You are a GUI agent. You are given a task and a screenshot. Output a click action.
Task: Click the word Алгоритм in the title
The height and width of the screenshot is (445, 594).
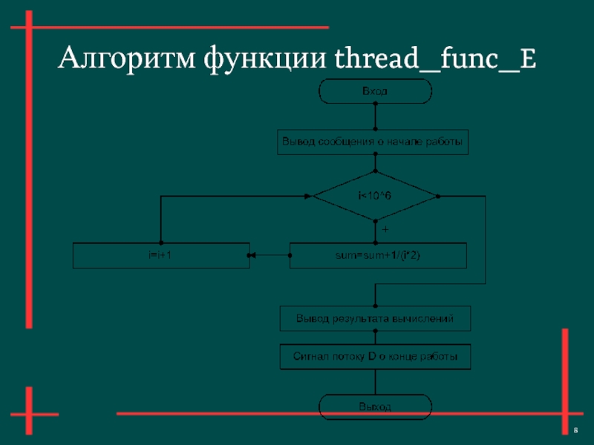124,58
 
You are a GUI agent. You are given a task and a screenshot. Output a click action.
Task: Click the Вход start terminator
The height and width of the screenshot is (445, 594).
374,91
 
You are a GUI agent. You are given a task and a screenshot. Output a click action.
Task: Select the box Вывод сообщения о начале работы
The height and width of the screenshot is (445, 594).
374,141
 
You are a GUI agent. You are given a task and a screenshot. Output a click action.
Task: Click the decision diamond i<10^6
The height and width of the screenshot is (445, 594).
374,196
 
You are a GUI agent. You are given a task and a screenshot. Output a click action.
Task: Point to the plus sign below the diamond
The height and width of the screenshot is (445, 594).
385,231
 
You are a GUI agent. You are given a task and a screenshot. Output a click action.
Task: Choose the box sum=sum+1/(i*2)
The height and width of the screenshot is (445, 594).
378,255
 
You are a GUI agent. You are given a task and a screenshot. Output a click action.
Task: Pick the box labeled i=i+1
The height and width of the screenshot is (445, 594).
160,255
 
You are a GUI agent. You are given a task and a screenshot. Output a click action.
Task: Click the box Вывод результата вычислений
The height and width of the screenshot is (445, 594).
374,318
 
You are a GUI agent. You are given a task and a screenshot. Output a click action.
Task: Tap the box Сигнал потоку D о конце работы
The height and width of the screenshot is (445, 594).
374,357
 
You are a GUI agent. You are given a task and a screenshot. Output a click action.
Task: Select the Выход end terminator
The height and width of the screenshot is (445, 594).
374,406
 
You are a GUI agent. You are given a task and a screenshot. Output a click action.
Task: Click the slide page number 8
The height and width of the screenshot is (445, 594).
576,431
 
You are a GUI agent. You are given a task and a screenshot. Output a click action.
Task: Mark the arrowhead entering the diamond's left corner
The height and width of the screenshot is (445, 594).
308,196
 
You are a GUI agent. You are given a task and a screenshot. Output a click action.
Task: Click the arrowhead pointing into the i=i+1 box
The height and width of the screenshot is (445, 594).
252,255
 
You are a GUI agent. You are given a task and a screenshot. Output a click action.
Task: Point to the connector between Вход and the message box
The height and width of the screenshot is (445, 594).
375,116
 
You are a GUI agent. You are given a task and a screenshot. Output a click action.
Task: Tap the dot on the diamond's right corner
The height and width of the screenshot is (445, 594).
437,196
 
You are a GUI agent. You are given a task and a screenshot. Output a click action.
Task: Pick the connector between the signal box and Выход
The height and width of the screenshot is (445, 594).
375,381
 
